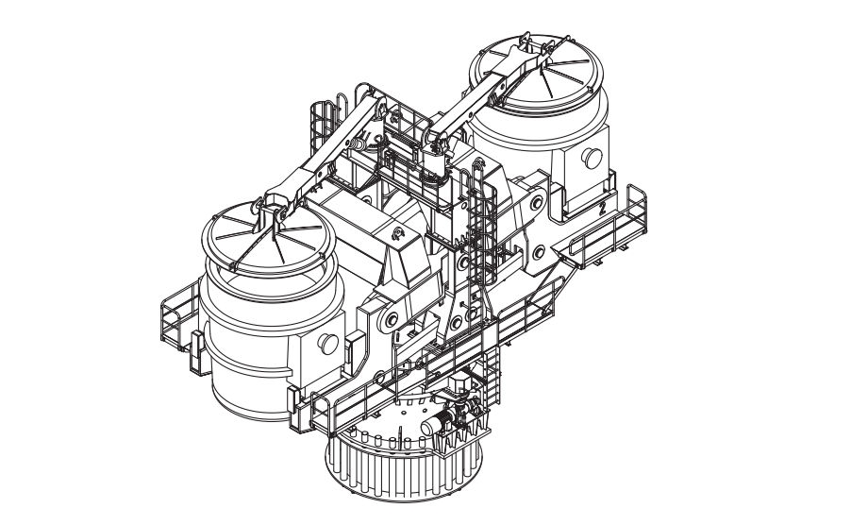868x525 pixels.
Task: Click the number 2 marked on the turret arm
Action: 602,208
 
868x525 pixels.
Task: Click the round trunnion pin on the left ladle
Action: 327,344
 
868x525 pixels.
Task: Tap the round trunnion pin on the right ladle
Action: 593,159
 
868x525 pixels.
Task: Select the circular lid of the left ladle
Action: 269,237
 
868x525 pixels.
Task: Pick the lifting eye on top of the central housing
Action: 396,234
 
